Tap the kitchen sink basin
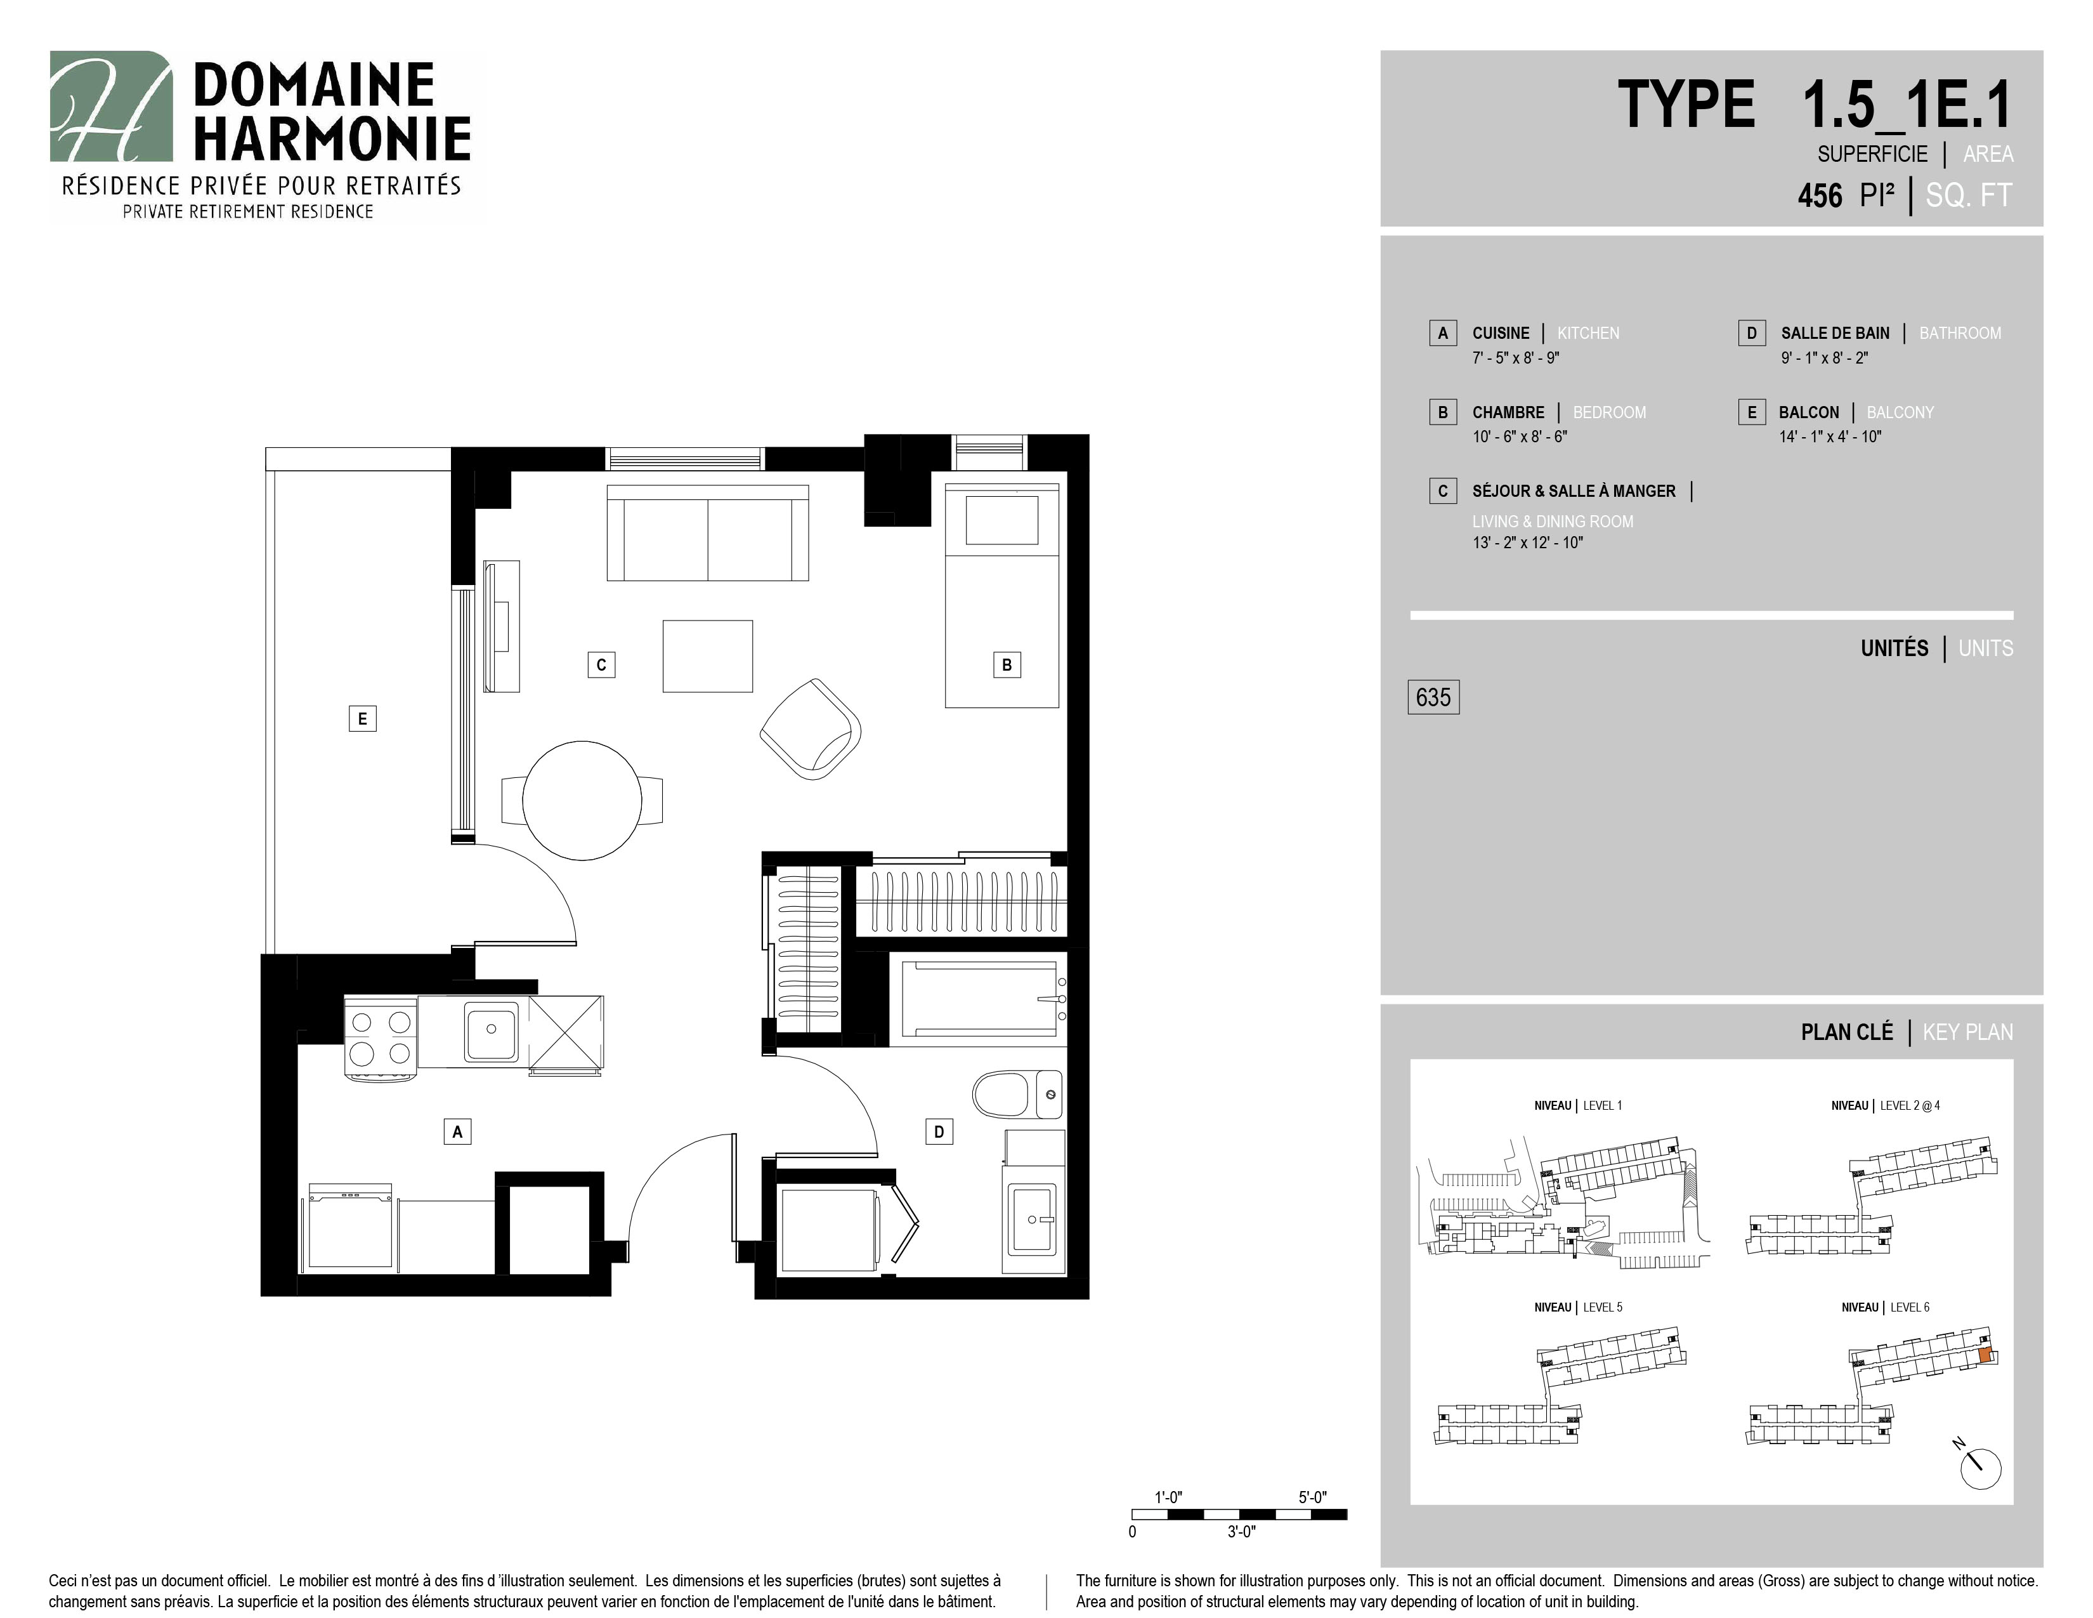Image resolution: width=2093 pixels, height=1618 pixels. [x=492, y=1031]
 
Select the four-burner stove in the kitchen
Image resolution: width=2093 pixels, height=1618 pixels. [x=381, y=1038]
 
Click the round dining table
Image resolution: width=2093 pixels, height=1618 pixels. [x=582, y=800]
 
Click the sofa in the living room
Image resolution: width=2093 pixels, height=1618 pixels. [x=707, y=533]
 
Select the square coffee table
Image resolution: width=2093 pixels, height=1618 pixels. [x=707, y=655]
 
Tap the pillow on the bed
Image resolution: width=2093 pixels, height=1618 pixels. [x=1002, y=520]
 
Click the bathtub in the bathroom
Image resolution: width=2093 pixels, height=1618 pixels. [x=977, y=999]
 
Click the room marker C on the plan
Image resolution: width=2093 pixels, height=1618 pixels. [x=601, y=664]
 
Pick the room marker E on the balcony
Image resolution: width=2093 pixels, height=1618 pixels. [x=362, y=718]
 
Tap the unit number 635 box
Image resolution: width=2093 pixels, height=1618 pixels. [x=1433, y=697]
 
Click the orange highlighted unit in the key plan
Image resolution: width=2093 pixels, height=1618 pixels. [x=1985, y=1355]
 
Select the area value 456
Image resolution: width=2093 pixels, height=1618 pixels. [x=1820, y=195]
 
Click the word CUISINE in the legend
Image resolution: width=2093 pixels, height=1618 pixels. [x=1501, y=332]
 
